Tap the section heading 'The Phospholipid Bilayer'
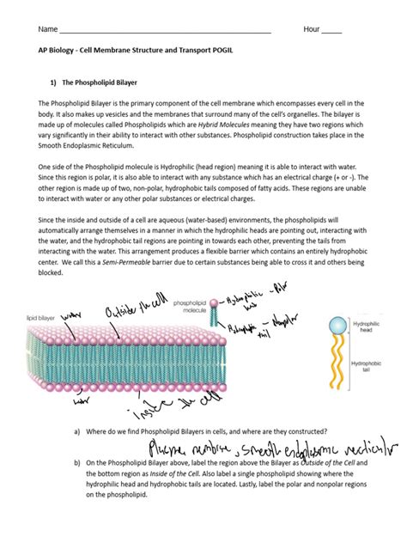(102, 84)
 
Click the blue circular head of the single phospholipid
(344, 326)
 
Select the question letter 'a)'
(77, 431)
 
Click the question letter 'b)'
(77, 463)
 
